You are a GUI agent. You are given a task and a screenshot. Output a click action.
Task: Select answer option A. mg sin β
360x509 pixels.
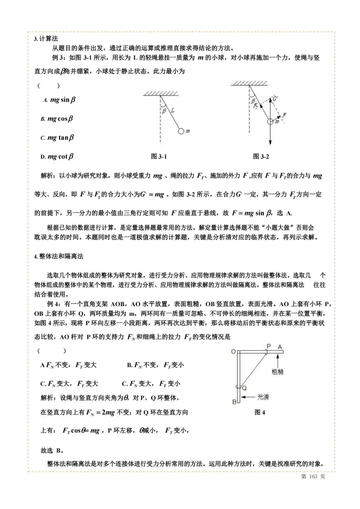tap(59, 100)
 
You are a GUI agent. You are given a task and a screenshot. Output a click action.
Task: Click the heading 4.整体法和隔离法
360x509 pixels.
tap(57, 256)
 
